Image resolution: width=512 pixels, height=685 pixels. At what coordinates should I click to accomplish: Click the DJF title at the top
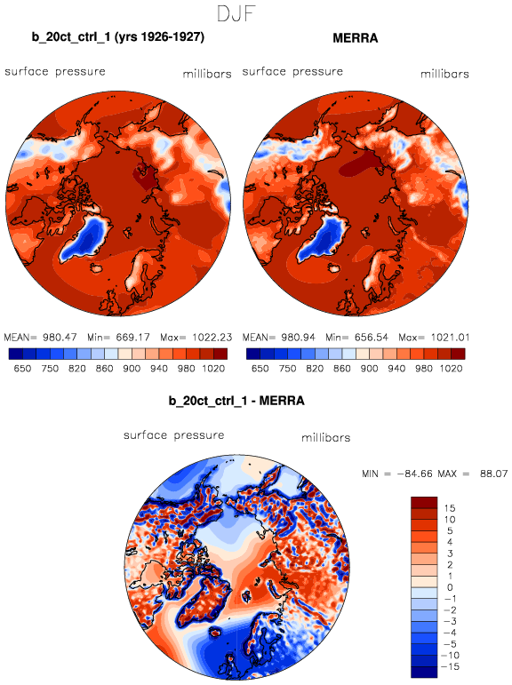(x=236, y=14)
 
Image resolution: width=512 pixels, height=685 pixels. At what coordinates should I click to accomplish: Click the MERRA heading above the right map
(x=355, y=38)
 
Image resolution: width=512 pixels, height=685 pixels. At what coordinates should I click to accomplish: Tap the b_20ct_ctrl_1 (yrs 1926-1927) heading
(x=118, y=37)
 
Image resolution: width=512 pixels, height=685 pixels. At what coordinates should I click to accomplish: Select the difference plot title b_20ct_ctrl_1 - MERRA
(x=236, y=401)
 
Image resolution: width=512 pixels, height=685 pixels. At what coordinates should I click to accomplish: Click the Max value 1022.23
(x=212, y=338)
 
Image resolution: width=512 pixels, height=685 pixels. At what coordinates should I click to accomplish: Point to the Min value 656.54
(x=371, y=338)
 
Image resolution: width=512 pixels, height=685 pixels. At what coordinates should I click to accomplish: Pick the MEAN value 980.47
(x=60, y=338)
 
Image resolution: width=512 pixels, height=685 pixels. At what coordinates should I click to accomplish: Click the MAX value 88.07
(x=493, y=474)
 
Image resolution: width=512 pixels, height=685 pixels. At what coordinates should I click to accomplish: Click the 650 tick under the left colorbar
(x=22, y=369)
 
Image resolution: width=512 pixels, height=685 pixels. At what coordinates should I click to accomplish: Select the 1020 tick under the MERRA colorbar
(x=451, y=369)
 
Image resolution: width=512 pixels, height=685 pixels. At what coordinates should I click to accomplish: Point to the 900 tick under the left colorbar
(x=132, y=369)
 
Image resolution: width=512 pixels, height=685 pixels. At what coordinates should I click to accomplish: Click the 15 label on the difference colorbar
(x=450, y=508)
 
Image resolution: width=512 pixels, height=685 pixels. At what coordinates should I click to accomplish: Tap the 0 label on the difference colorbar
(x=450, y=587)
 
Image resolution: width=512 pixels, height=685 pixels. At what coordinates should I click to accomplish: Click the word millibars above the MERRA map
(x=444, y=75)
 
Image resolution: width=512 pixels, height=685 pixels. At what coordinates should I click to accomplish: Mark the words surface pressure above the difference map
(x=174, y=435)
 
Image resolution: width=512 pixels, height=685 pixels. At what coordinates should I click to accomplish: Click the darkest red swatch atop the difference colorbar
(x=424, y=502)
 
